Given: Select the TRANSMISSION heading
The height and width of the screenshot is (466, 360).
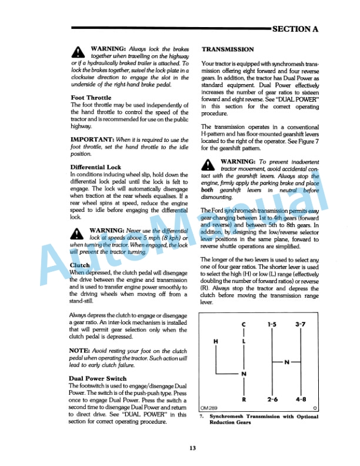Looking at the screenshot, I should [228, 49].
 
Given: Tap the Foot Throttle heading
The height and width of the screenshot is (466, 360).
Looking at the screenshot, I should [91, 98].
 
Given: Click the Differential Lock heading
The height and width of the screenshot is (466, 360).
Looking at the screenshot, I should [95, 167].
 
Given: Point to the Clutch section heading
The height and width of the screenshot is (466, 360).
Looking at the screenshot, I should [79, 266].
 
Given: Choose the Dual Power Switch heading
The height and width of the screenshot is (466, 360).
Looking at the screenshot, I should [98, 378].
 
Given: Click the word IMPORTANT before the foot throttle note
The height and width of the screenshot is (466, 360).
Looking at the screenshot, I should [92, 139].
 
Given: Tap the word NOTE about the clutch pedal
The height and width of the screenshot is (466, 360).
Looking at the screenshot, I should [79, 350].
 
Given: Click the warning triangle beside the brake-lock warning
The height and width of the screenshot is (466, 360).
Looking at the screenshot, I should [78, 51].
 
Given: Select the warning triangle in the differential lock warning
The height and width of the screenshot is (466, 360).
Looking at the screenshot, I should [78, 232].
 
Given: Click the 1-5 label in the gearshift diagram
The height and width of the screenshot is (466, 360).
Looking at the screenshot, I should [272, 324].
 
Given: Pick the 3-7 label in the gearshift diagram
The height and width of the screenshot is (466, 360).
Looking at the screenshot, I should [301, 324].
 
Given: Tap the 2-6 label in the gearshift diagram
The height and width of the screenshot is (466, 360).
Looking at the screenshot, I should [272, 400].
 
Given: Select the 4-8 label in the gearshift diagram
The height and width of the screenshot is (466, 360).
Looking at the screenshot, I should [301, 400].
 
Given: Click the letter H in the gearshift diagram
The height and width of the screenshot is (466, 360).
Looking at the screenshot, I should [215, 342].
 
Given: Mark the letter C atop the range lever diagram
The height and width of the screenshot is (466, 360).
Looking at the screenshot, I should [244, 324].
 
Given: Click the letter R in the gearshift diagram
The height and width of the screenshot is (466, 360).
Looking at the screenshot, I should [244, 400].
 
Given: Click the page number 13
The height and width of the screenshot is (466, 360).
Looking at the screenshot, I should [192, 449].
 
